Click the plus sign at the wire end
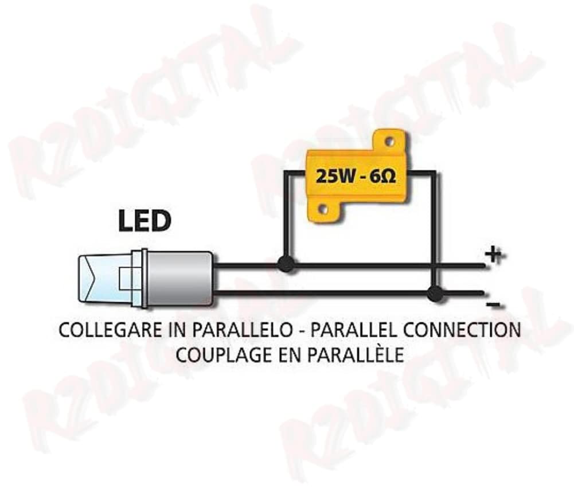tap(494, 255)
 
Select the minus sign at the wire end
tap(492, 304)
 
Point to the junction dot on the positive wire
tap(286, 264)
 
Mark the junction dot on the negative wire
tap(435, 294)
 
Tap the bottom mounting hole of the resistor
tap(323, 209)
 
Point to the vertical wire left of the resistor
tap(286, 218)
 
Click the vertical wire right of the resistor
tap(434, 229)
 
